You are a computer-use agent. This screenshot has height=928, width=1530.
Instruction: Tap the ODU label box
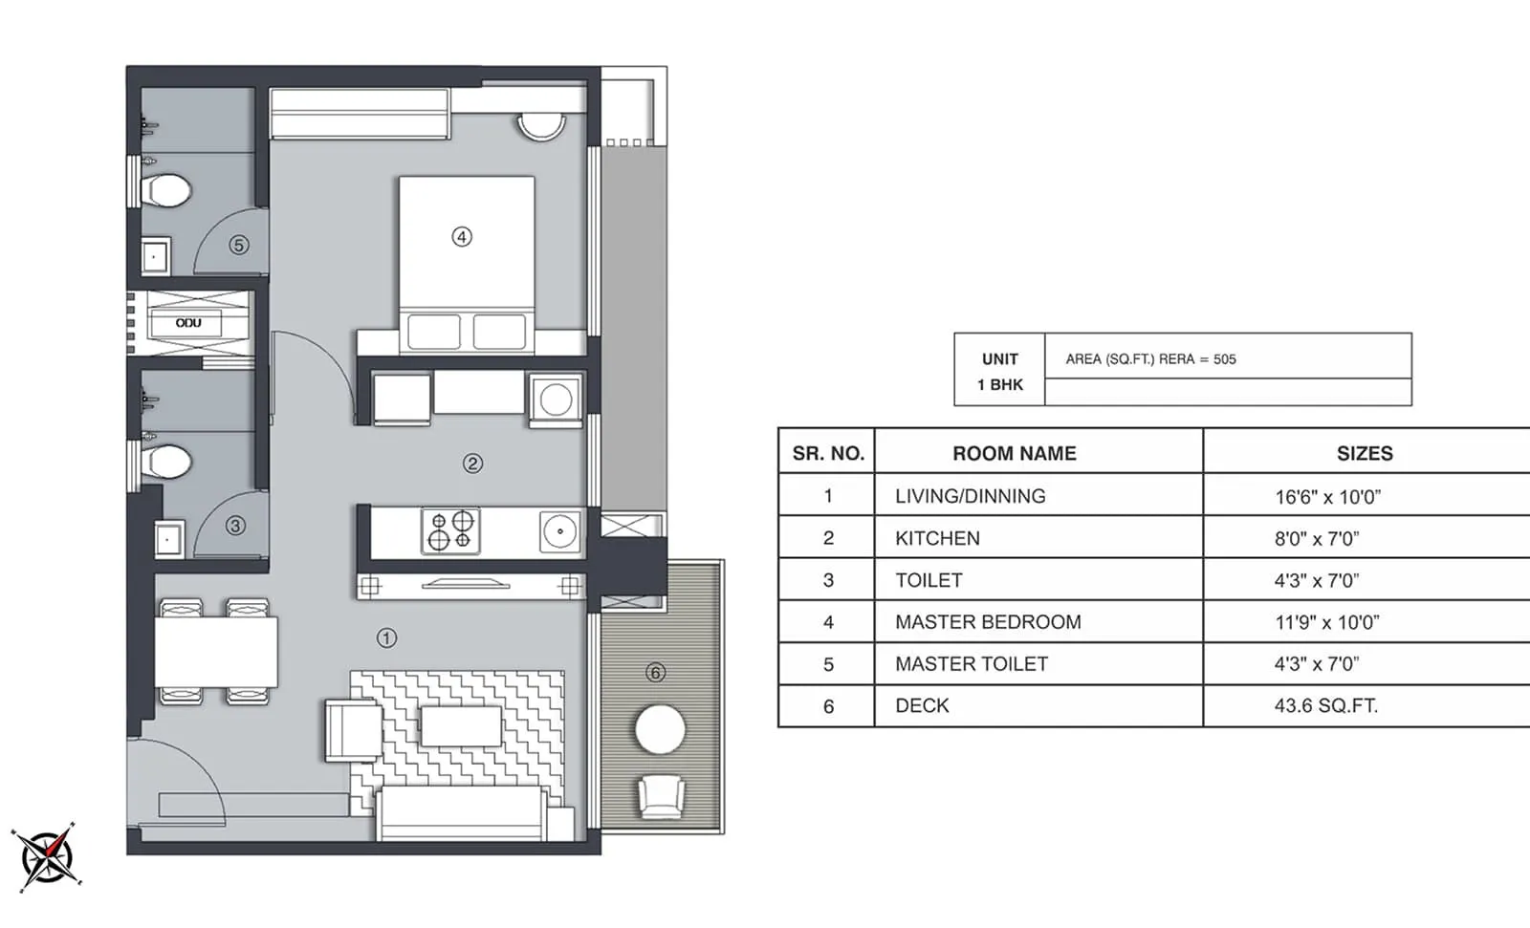187,323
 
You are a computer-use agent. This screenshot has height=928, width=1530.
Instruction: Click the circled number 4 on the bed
462,236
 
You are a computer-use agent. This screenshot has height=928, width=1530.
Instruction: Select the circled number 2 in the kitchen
472,464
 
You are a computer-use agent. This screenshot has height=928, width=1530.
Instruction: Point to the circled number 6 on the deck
655,673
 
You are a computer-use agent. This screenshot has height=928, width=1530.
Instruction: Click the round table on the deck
660,730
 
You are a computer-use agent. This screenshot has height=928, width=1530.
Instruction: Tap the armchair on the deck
660,797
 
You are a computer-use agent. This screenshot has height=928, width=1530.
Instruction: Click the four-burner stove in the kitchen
450,530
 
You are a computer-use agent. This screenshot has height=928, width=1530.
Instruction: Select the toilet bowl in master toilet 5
166,190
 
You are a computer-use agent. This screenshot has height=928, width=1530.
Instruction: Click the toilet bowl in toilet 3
166,464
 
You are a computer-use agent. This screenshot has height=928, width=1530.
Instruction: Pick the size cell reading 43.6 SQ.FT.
1325,705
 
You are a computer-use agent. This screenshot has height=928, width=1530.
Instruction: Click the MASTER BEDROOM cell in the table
988,622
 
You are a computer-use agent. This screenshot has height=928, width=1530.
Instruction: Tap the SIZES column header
1364,453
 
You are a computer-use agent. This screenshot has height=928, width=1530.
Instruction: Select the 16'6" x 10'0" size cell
1327,497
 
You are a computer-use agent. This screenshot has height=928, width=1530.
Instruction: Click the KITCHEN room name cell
937,538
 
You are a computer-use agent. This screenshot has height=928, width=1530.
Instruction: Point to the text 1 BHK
999,384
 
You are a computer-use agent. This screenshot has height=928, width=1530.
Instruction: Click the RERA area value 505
1224,359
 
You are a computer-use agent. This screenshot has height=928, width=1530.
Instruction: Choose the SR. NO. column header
827,453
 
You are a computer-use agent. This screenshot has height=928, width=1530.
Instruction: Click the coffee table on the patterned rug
461,726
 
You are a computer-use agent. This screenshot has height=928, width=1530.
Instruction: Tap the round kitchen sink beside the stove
559,531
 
